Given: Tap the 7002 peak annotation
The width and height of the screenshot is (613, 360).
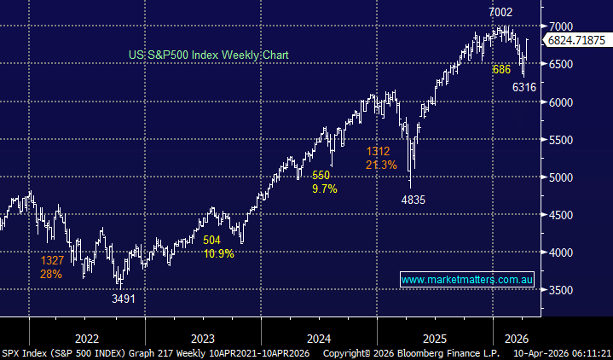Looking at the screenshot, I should click(501, 12).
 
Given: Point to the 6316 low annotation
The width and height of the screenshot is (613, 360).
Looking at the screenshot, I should click(523, 87).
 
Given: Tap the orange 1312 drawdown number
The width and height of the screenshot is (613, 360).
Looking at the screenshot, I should click(379, 151).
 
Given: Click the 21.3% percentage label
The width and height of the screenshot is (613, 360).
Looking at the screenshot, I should click(381, 165).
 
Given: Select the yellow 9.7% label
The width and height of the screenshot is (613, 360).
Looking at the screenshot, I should click(323, 189).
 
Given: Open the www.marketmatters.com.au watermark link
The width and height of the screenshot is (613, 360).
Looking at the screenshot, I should click(466, 280).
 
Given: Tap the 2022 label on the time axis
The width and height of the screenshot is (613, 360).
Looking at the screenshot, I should click(86, 336).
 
